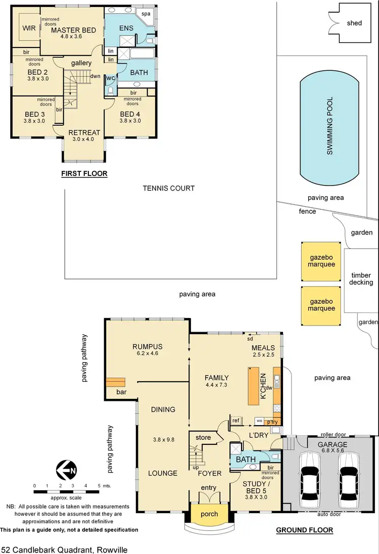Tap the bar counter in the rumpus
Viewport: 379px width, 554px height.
(115, 383)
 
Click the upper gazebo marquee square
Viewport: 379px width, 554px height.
(322, 261)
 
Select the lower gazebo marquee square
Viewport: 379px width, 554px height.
(322, 305)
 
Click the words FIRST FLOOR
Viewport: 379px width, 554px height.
(84, 174)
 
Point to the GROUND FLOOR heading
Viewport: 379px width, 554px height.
(304, 530)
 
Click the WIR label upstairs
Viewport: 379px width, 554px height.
(29, 28)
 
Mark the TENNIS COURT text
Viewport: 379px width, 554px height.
(169, 189)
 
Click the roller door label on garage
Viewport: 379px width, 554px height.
(333, 434)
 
